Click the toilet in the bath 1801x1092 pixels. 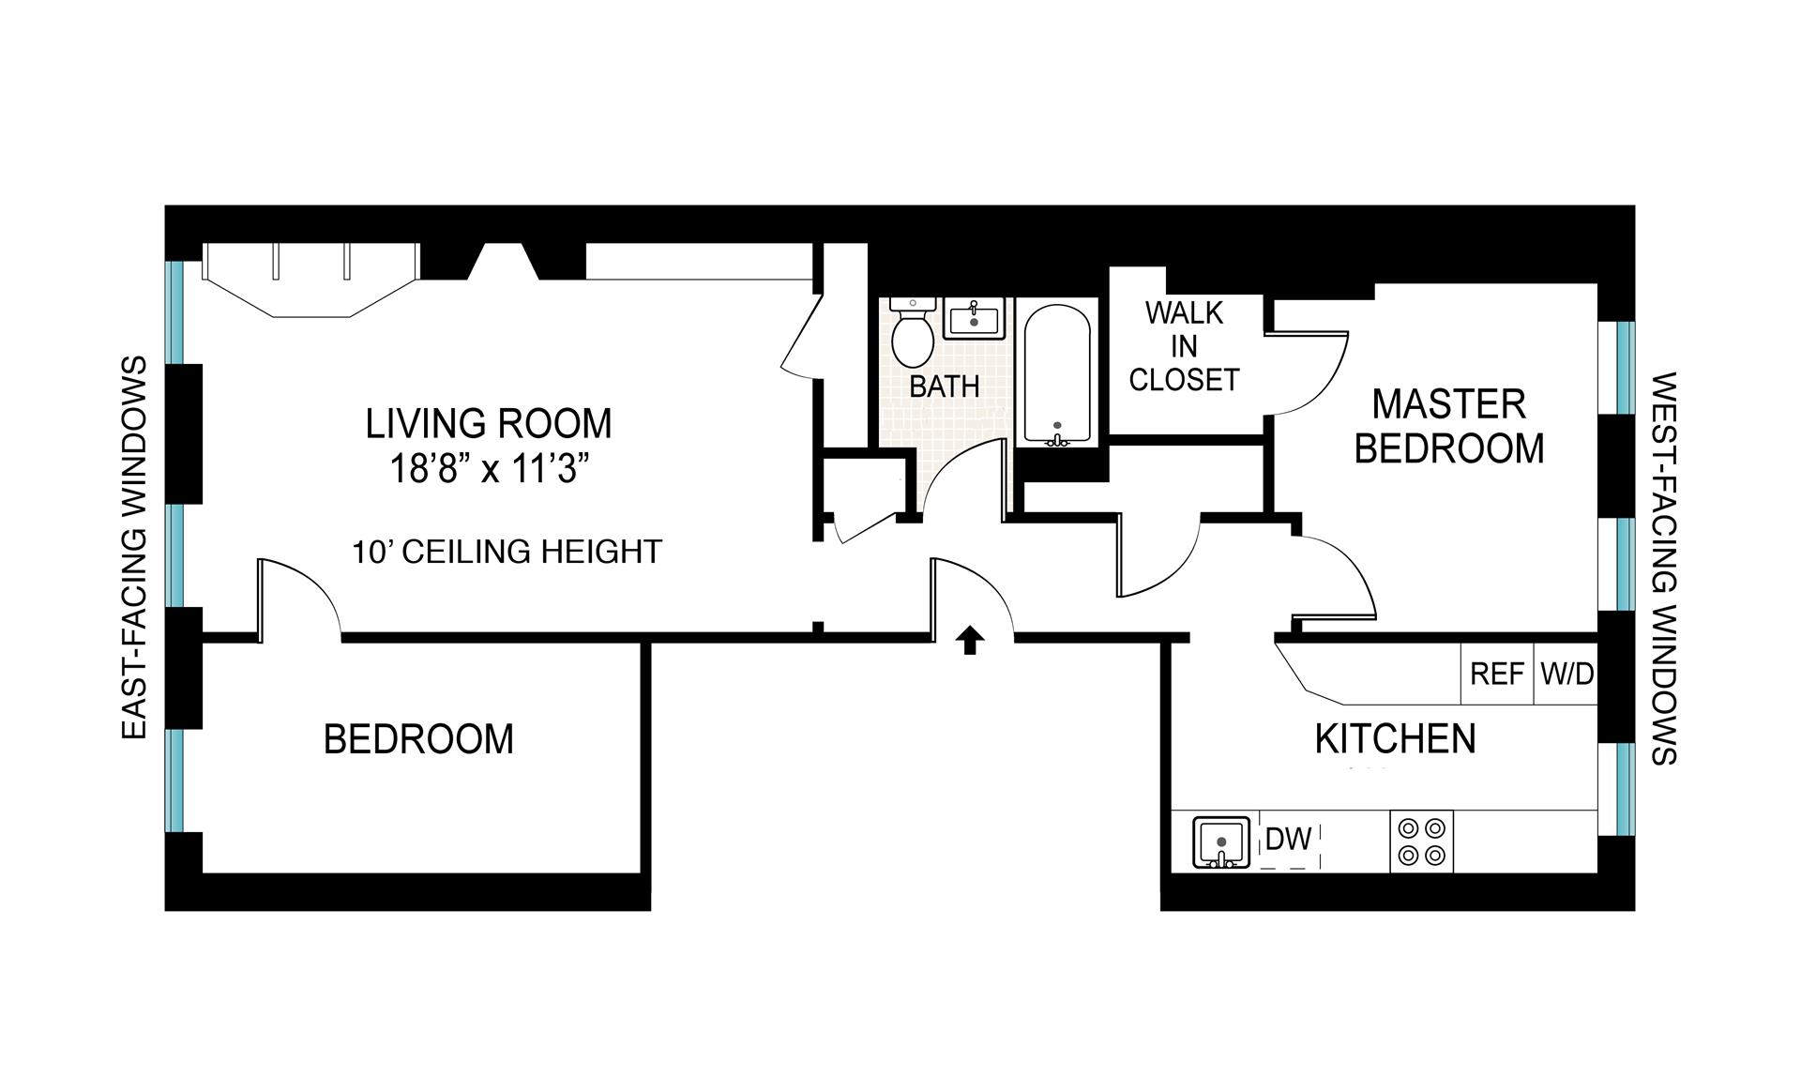pos(912,333)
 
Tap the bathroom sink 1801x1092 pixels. pos(975,318)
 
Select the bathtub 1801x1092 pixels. pos(1057,374)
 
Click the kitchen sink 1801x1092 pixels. pos(1220,842)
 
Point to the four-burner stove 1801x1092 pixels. pos(1421,842)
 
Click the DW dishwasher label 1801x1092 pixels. pos(1288,839)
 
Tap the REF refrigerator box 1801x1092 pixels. pos(1497,674)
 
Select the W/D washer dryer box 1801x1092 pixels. pos(1566,674)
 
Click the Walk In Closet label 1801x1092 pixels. pos(1184,346)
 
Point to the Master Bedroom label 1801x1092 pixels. pos(1449,427)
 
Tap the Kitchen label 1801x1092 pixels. pos(1395,739)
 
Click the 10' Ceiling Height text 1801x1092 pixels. pos(507,551)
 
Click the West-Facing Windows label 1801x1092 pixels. pos(1664,569)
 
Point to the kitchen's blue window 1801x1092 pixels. pos(1626,789)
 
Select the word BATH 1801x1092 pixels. pos(945,386)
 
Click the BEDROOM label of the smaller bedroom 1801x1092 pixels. pos(418,739)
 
